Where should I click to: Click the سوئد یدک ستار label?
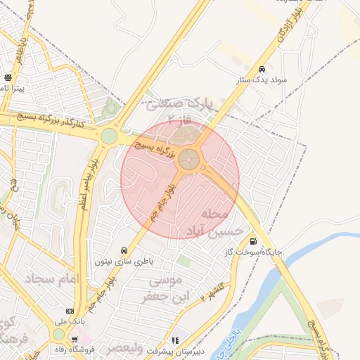[261, 81]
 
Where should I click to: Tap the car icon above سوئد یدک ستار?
[262, 70]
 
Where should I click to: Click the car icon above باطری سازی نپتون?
[124, 250]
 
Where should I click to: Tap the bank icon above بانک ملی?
[70, 311]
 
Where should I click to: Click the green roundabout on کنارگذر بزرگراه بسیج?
[109, 135]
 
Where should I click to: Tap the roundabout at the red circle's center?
[188, 160]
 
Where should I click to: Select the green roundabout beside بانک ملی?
[59, 335]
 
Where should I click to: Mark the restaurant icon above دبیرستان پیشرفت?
[175, 340]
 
